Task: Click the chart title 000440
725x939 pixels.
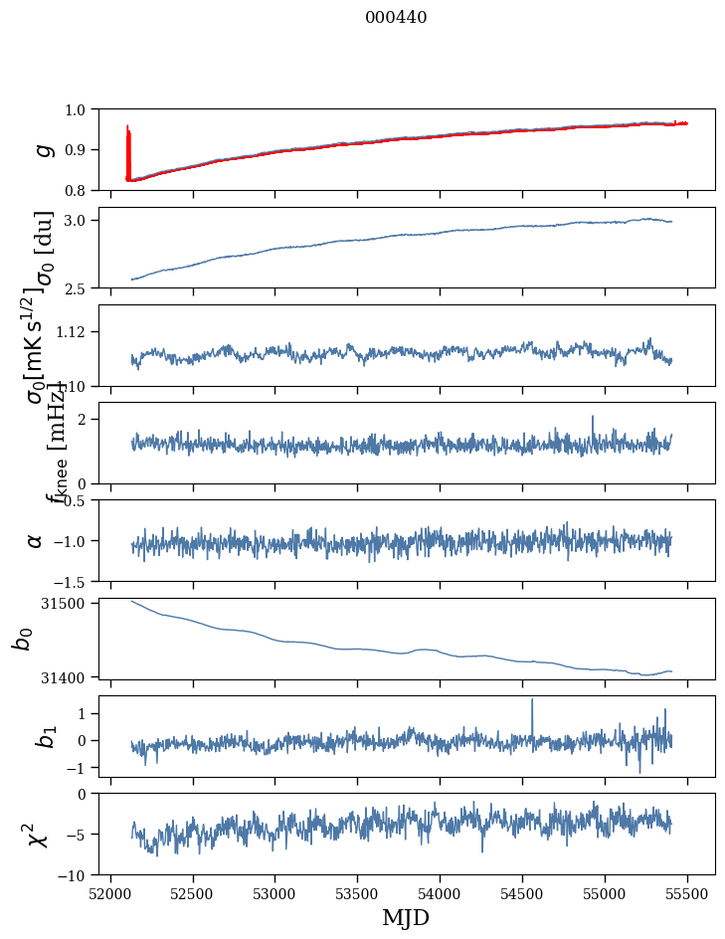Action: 396,17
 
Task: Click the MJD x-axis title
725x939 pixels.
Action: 406,917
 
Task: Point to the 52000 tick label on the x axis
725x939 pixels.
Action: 110,892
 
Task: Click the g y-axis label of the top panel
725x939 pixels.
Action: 42,149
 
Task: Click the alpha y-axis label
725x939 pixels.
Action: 35,540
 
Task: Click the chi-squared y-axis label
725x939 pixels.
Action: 39,835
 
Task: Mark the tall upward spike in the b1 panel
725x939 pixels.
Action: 532,701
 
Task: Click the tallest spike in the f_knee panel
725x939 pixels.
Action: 592,418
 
